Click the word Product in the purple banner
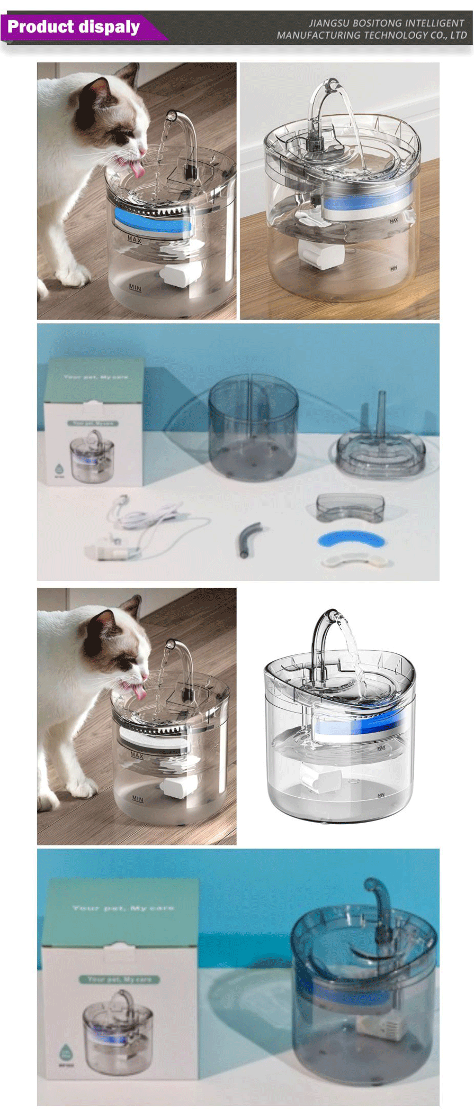tap(40, 26)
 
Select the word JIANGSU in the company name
tap(328, 23)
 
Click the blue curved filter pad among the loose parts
tap(351, 539)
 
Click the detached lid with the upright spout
tap(381, 450)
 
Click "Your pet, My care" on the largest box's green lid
tap(123, 908)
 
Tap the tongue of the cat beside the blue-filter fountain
tap(138, 169)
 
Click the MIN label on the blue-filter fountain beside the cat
tap(136, 287)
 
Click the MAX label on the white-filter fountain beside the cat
tap(137, 755)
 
